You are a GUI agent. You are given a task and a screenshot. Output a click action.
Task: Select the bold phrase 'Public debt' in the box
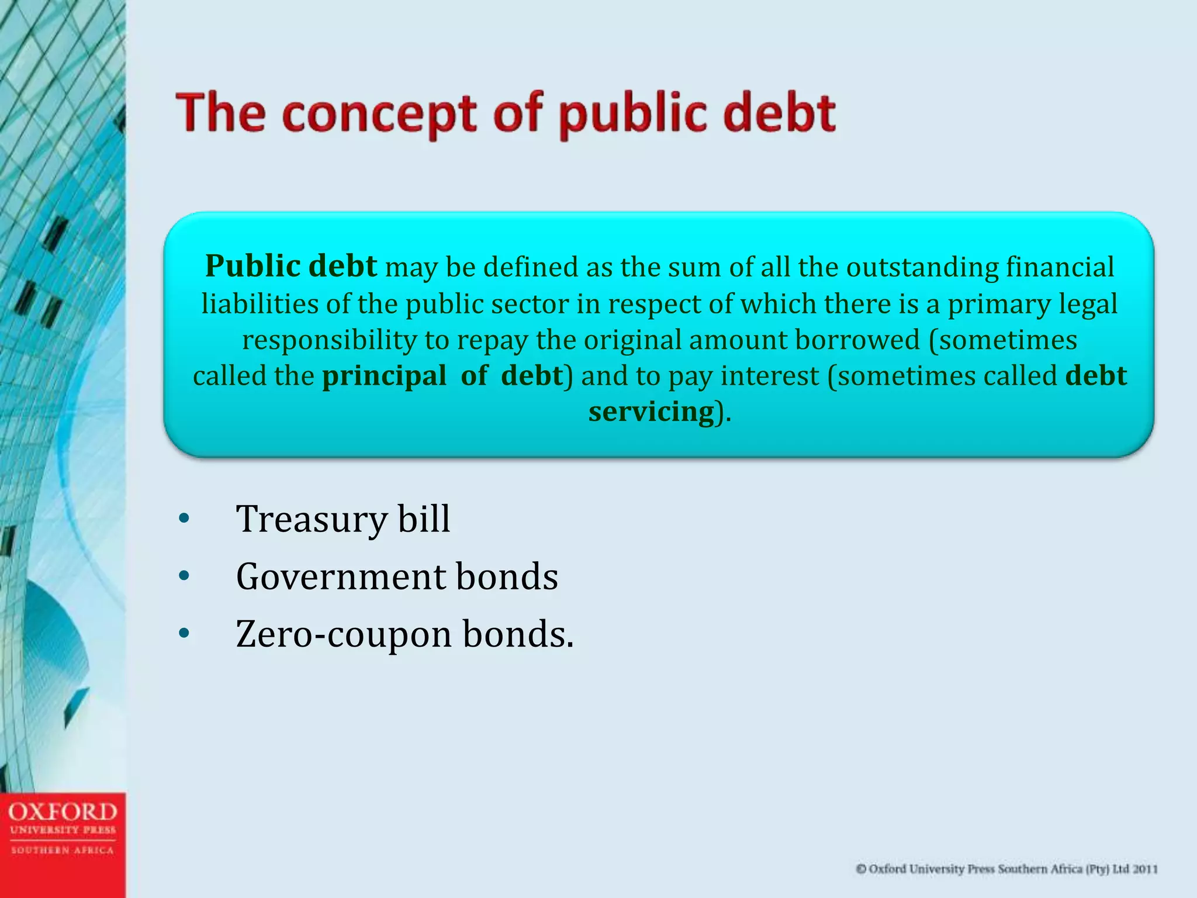tap(291, 267)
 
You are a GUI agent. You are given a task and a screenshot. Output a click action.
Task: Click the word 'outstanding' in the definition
tap(922, 268)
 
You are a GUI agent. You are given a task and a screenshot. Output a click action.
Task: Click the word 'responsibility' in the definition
tap(329, 340)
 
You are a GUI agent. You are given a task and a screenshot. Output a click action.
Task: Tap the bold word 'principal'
tap(384, 376)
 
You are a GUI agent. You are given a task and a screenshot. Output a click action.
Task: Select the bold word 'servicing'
tap(651, 412)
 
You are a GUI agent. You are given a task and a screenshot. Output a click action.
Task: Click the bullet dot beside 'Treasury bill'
tap(185, 519)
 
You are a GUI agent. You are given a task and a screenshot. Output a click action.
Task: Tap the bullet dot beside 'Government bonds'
tap(185, 576)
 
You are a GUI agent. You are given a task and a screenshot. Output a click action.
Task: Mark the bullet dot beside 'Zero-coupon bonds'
tap(185, 634)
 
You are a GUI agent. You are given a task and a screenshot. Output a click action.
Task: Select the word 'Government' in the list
tap(341, 576)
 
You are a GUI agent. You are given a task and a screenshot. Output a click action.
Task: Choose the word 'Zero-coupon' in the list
tap(344, 634)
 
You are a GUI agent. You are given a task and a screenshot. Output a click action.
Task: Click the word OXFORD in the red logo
tap(63, 812)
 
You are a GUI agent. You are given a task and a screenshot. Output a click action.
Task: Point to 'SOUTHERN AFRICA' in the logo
tap(63, 850)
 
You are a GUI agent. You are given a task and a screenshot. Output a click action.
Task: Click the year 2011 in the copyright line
tap(1145, 869)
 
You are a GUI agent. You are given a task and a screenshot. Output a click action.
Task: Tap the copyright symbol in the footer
tap(861, 869)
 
